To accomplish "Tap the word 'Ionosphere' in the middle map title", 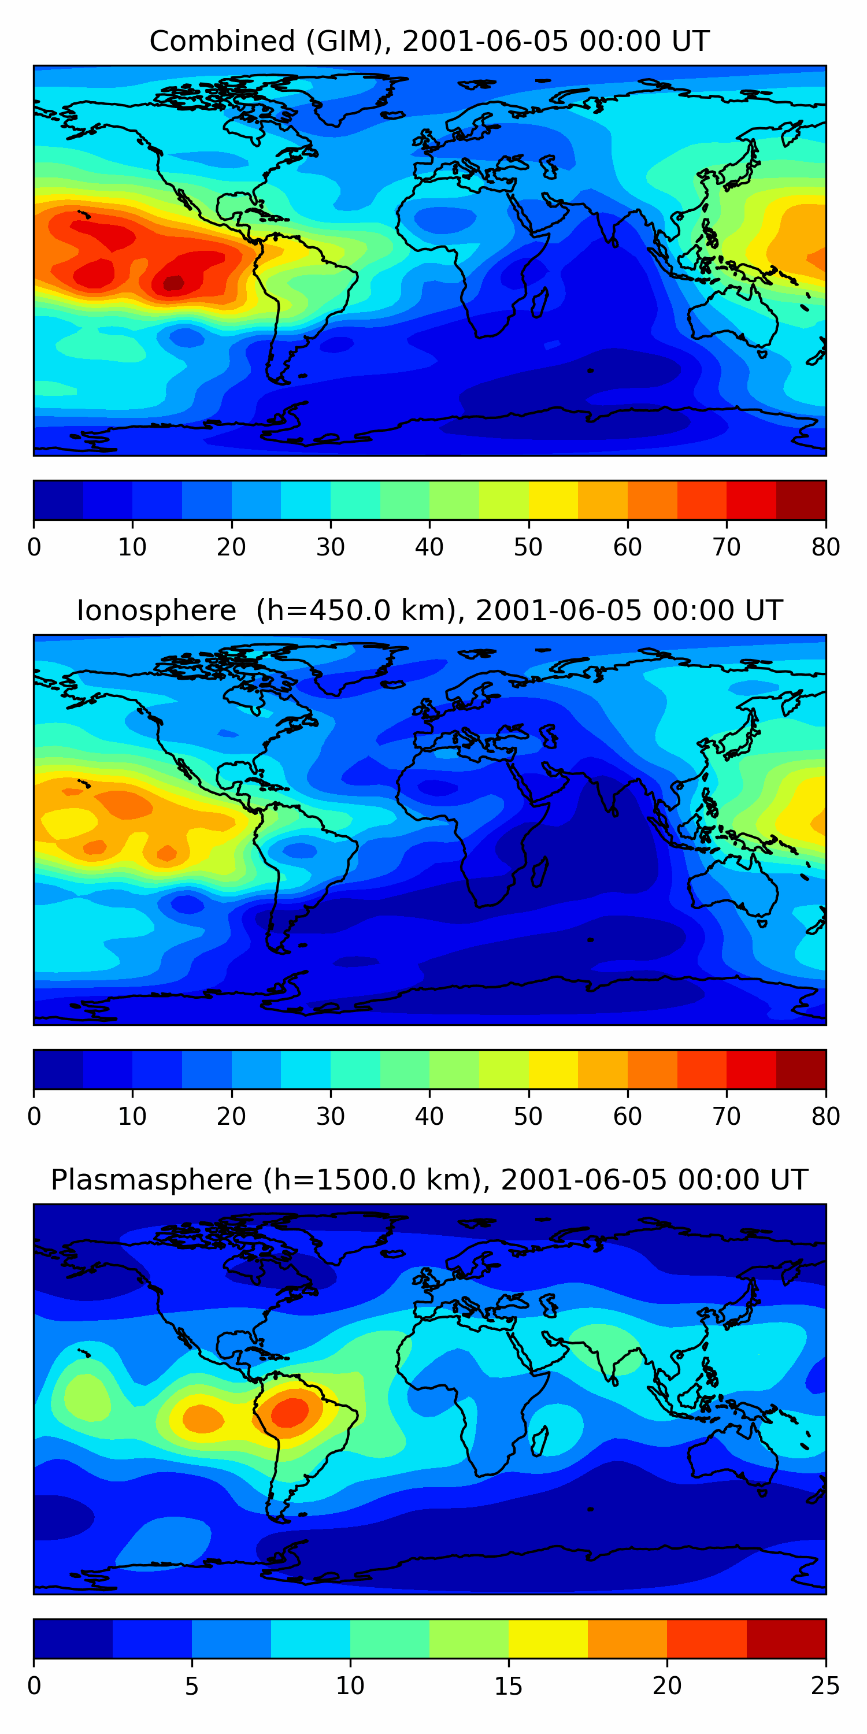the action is (156, 610).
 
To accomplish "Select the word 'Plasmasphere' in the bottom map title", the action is (151, 1180).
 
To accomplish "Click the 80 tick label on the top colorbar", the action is (825, 547).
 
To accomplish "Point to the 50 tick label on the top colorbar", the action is (528, 547).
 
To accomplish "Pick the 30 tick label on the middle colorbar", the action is (331, 1116).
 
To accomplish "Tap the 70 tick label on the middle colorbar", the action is (727, 1116).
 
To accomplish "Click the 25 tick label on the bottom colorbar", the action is (825, 1685).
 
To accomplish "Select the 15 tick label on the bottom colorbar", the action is (509, 1685).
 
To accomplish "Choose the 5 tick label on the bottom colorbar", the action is (192, 1685).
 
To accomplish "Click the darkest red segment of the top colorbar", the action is (801, 500).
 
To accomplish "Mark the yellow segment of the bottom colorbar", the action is (548, 1639).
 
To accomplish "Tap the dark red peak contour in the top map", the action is (173, 283).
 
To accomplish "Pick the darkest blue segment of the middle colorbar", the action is (58, 1070).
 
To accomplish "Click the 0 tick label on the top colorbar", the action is (34, 547).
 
